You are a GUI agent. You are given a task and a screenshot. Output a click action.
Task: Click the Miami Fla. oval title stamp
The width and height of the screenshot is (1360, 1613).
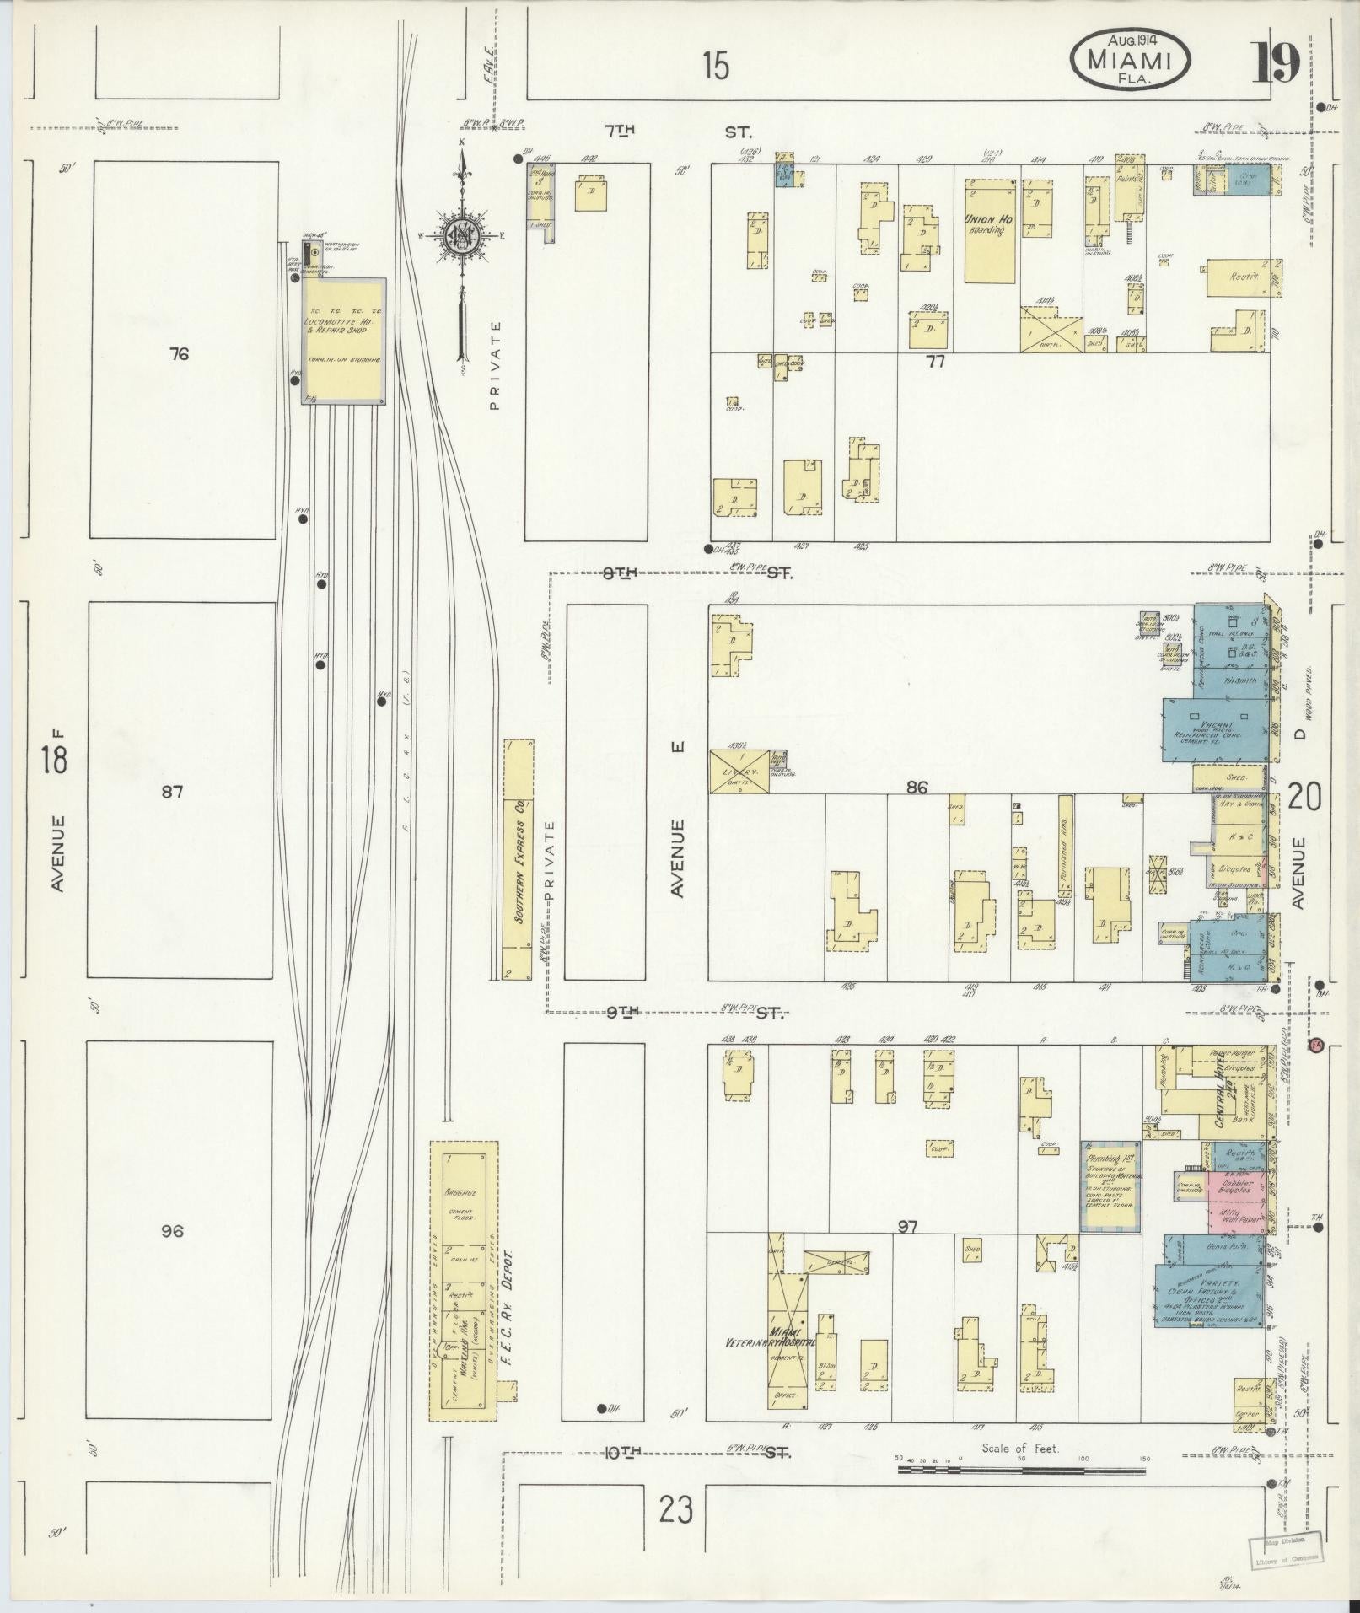tap(1131, 58)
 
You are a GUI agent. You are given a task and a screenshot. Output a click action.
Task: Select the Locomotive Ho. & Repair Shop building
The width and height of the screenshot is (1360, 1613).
tap(344, 341)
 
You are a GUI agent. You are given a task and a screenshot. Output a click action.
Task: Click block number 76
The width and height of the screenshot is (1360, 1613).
tap(178, 354)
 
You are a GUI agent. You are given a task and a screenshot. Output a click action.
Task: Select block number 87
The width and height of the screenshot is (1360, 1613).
tap(173, 792)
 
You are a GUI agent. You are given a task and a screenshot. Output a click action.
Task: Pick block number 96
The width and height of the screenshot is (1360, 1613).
tap(172, 1231)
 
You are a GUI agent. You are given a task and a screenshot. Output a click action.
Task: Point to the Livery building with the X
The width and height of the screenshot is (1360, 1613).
tap(739, 772)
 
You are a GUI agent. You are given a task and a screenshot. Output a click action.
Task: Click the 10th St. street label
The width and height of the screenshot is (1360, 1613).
tap(624, 1451)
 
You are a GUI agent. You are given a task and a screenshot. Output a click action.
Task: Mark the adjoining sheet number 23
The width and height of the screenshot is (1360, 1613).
tap(677, 1509)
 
